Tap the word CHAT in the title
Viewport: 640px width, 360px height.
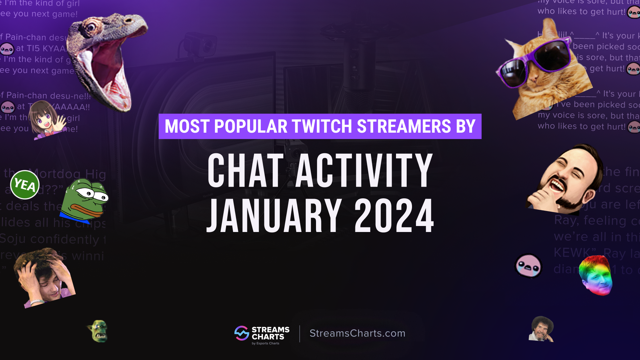pos(246,171)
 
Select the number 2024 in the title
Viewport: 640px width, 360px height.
pos(394,216)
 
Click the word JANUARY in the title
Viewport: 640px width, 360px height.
pos(274,216)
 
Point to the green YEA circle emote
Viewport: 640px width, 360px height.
pos(25,185)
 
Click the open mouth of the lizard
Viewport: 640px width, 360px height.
pos(103,67)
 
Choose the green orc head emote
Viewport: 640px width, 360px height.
pos(98,331)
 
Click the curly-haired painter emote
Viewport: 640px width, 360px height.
pos(541,329)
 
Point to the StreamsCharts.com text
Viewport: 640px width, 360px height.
pos(357,333)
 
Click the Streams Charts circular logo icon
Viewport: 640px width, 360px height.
pos(242,333)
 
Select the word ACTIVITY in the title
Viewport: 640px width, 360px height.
pos(364,171)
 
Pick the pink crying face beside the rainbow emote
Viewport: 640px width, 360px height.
pos(528,266)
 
